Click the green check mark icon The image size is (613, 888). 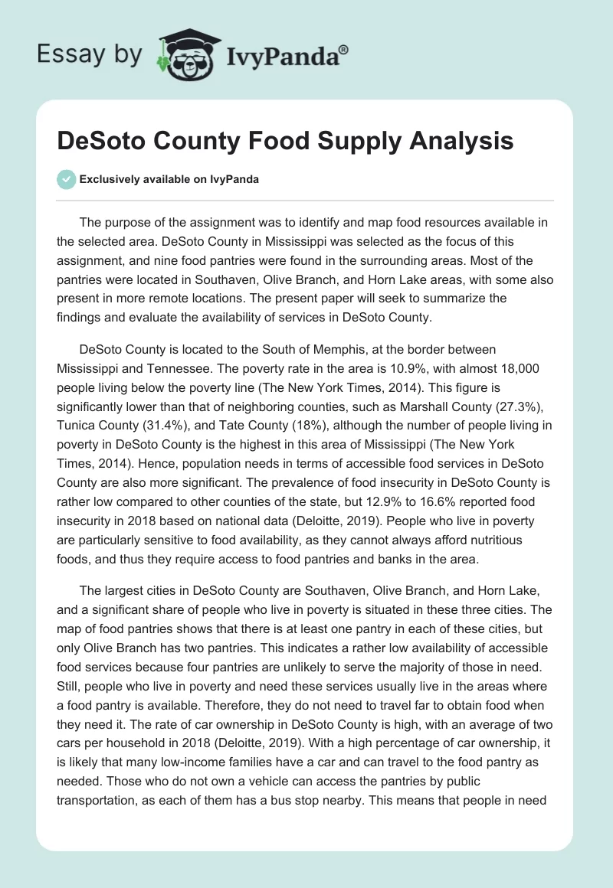click(x=67, y=179)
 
